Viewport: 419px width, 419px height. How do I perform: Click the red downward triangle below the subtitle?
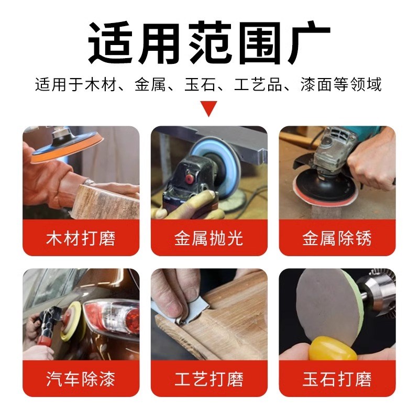pos(210,108)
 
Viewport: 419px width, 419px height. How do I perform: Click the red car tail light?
pos(113,317)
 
